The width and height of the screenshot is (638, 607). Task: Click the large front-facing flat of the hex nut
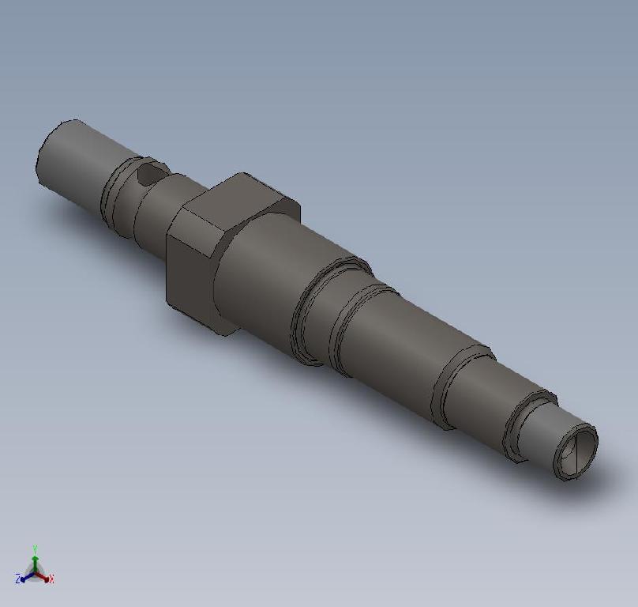coord(188,269)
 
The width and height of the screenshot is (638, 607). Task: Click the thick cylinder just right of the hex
coord(261,277)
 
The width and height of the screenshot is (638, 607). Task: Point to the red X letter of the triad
coord(51,579)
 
